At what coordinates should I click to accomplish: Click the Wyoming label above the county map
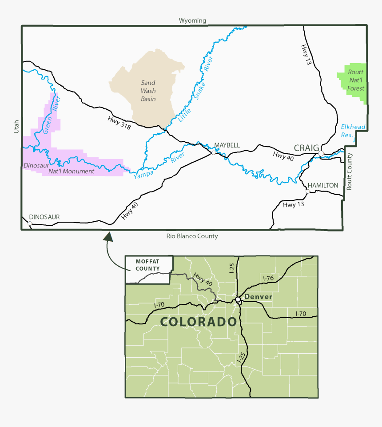pyautogui.click(x=192, y=20)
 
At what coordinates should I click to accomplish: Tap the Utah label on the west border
pyautogui.click(x=16, y=127)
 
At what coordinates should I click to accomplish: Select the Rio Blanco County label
pyautogui.click(x=192, y=236)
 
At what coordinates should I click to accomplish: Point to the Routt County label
pyautogui.click(x=349, y=172)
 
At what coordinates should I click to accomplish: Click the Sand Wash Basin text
pyautogui.click(x=148, y=91)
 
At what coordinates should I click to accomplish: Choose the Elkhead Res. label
pyautogui.click(x=353, y=131)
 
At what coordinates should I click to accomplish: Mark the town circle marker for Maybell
pyautogui.click(x=214, y=153)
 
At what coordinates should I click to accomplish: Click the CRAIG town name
pyautogui.click(x=306, y=148)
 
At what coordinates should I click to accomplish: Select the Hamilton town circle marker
pyautogui.click(x=307, y=191)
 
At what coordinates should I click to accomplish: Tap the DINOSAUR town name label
pyautogui.click(x=44, y=217)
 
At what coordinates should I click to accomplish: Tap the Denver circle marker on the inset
pyautogui.click(x=238, y=300)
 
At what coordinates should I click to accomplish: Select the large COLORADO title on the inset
pyautogui.click(x=198, y=322)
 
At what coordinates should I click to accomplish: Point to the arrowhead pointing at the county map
pyautogui.click(x=108, y=236)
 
